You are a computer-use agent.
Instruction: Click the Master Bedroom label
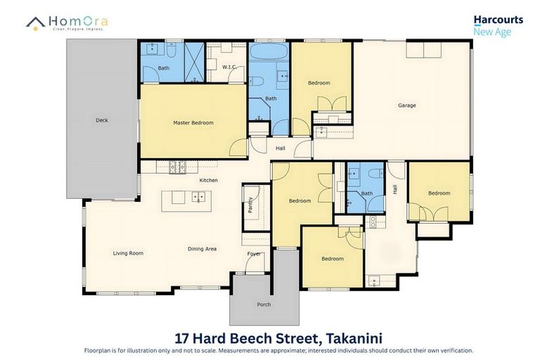(x=193, y=123)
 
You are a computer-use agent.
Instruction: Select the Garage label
(x=406, y=105)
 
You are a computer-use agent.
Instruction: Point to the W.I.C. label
(x=229, y=67)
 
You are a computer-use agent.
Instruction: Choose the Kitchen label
(x=208, y=181)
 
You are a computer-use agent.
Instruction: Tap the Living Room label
(x=128, y=253)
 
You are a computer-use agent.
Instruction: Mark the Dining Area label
(x=201, y=249)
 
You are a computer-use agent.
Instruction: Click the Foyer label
(x=253, y=254)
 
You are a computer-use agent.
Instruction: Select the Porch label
(x=263, y=304)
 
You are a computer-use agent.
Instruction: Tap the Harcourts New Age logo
(x=491, y=26)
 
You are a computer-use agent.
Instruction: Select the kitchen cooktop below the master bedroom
(x=175, y=167)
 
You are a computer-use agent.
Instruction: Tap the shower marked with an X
(x=193, y=62)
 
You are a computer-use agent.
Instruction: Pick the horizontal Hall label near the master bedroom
(x=280, y=148)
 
